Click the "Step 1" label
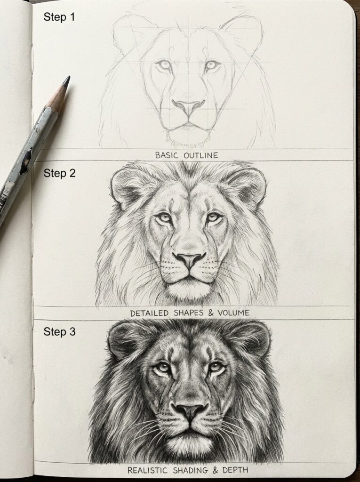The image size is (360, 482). pos(59,17)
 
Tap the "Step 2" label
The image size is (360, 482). pos(59,173)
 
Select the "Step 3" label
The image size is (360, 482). pos(59,332)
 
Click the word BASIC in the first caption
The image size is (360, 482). pos(168,155)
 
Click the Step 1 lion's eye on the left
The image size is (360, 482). pos(164,65)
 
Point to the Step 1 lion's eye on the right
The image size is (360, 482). pos(212,65)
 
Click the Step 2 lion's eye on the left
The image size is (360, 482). pos(164,217)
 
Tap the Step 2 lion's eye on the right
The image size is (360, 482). pos(214,217)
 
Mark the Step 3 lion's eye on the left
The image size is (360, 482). pos(162,368)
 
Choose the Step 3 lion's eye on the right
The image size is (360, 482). pos(216,367)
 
